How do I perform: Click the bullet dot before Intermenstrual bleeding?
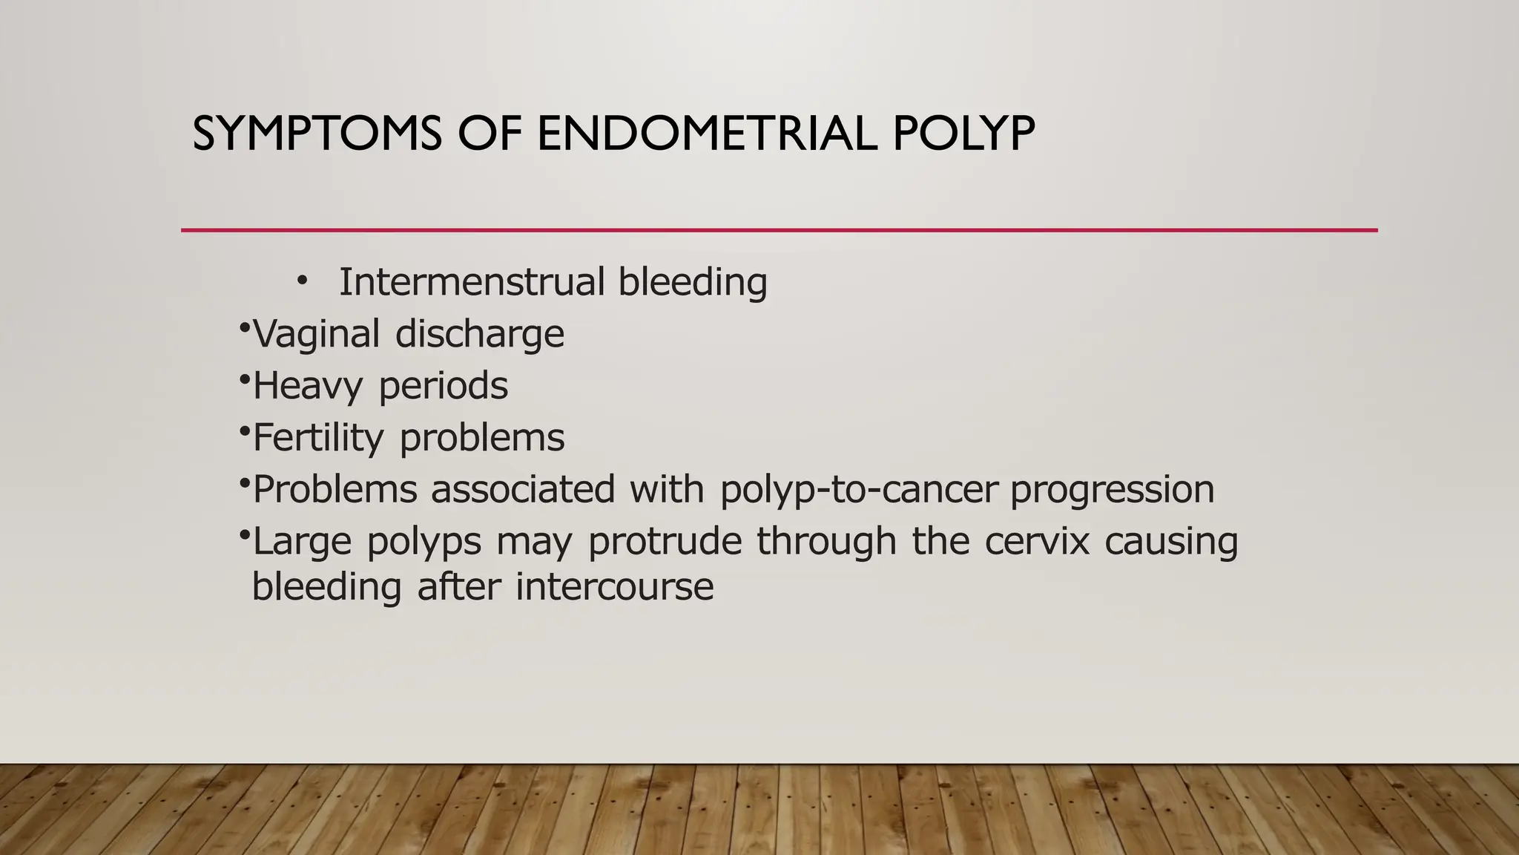coord(301,281)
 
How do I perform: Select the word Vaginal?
coord(317,334)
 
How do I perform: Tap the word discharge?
coord(479,334)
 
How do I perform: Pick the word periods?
coord(443,386)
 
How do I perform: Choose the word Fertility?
coord(318,438)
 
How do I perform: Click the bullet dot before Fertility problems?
coord(245,430)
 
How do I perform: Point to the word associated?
coord(523,490)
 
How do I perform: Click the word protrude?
coord(665,542)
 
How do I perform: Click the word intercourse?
coord(614,587)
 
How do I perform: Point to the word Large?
coord(302,542)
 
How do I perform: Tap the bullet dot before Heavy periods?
coord(245,379)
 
